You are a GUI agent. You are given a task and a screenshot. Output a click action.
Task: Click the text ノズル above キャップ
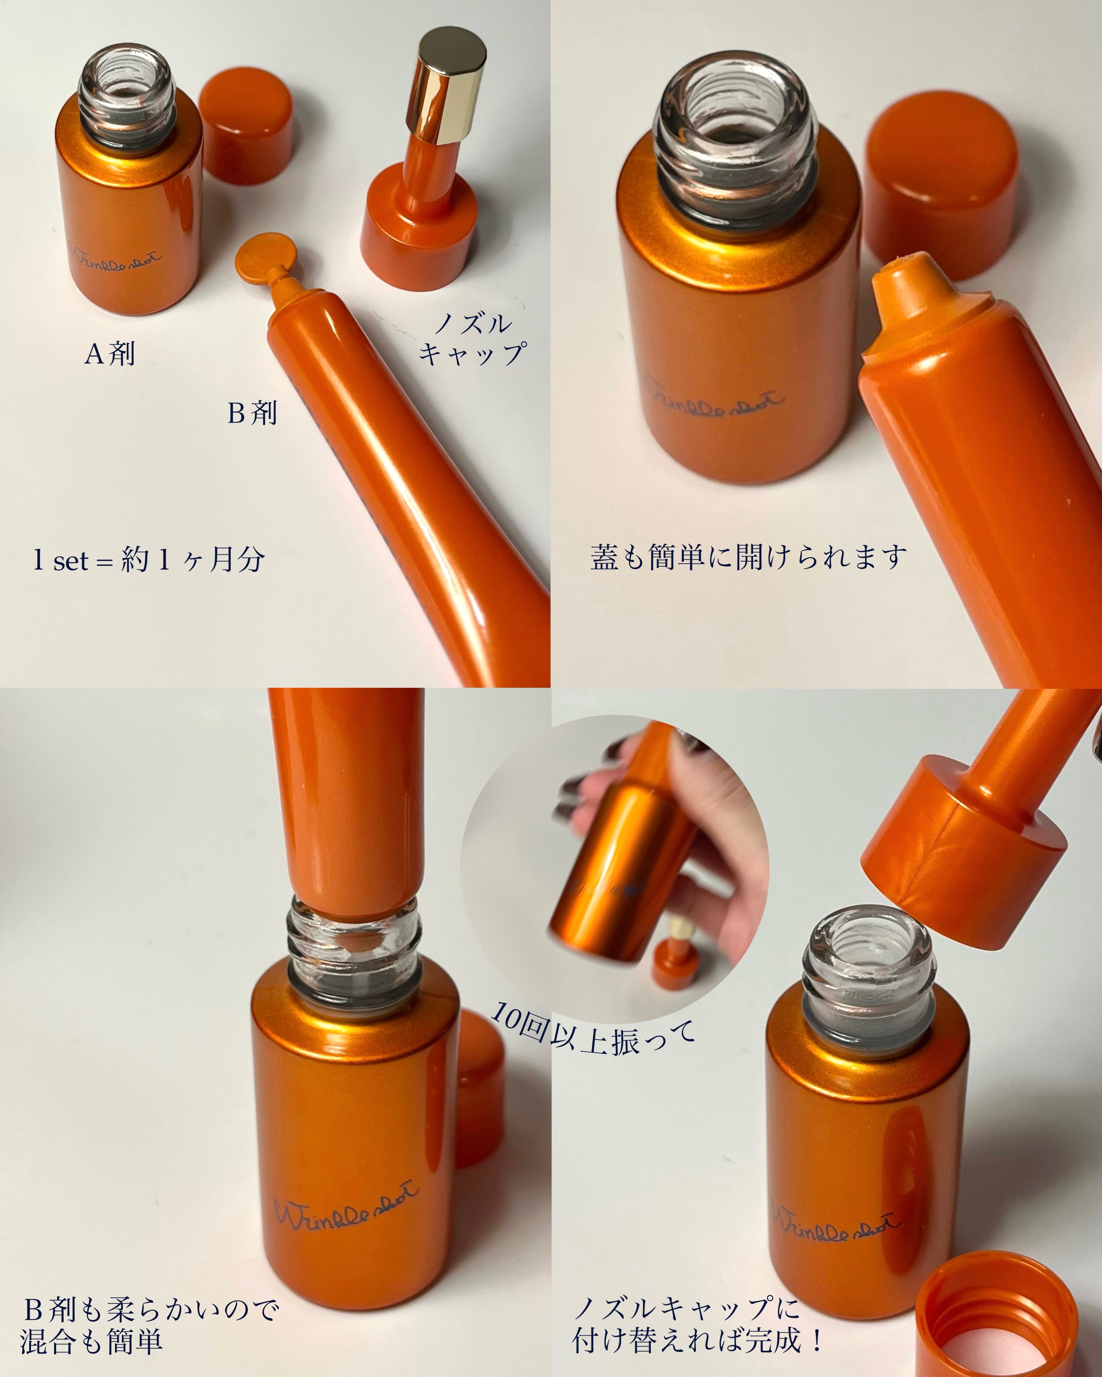[x=473, y=324]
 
